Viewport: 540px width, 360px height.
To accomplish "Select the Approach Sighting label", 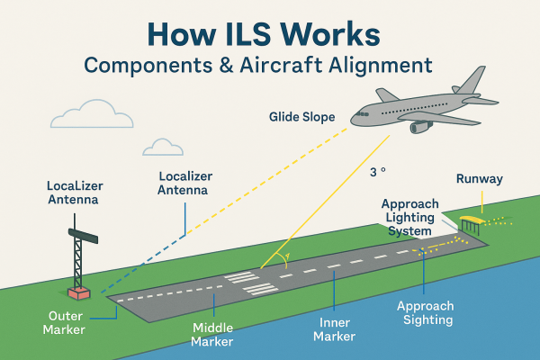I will click(426, 312).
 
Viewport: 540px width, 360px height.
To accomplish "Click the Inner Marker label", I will click(333, 329).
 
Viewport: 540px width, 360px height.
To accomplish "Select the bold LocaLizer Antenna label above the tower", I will click(72, 193).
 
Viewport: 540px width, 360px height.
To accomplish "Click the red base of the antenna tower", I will click(79, 293).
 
